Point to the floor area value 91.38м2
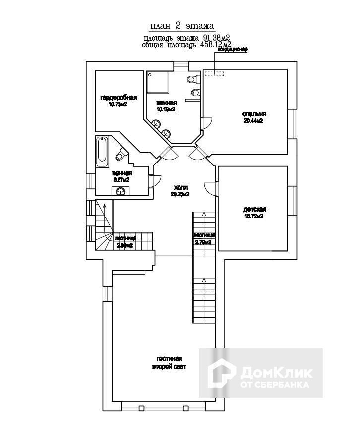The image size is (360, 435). (x=217, y=38)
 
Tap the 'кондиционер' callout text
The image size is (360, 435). (x=233, y=50)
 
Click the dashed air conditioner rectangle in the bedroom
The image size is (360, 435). (x=214, y=74)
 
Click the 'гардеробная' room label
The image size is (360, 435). (x=118, y=97)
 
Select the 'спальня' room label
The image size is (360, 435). (x=252, y=113)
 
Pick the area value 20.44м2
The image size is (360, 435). (x=253, y=120)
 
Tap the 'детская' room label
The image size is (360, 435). (x=253, y=209)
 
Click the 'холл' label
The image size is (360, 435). (x=180, y=188)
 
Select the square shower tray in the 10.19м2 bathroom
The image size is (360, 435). (x=158, y=81)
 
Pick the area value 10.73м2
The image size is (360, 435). (x=118, y=104)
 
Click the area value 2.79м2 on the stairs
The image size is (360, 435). (x=203, y=242)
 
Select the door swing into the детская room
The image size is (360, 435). (x=210, y=189)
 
